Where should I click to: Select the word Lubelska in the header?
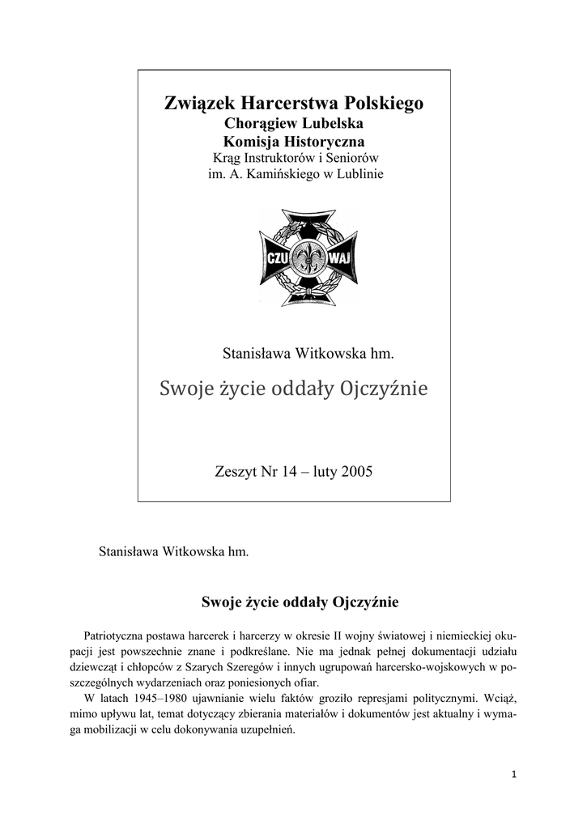click(x=330, y=124)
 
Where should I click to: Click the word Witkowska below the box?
click(x=191, y=552)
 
